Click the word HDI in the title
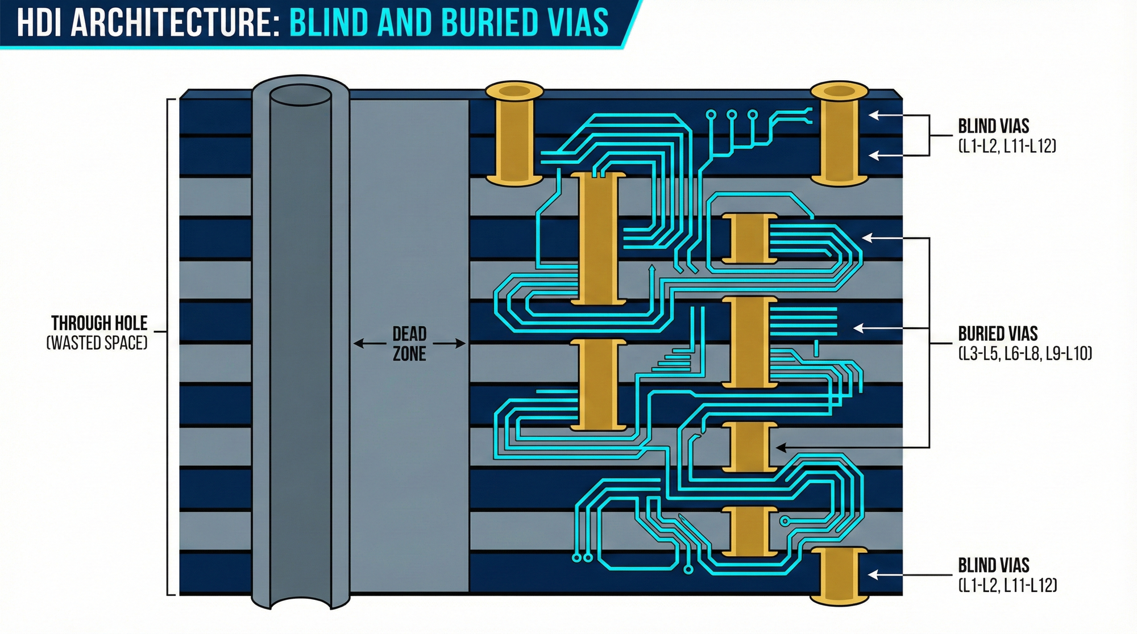pyautogui.click(x=40, y=23)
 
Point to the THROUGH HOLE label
pyautogui.click(x=99, y=323)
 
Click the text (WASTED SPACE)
pyautogui.click(x=97, y=343)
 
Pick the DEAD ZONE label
pyautogui.click(x=409, y=343)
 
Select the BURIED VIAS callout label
pyautogui.click(x=998, y=333)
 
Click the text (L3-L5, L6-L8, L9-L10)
pyautogui.click(x=1025, y=353)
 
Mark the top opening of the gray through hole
pyautogui.click(x=300, y=95)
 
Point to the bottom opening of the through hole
pyautogui.click(x=300, y=601)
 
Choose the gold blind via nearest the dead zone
pyautogui.click(x=514, y=136)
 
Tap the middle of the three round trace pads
pyautogui.click(x=732, y=115)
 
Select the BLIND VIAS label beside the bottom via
pyautogui.click(x=994, y=565)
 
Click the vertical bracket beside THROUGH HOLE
pyautogui.click(x=168, y=347)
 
